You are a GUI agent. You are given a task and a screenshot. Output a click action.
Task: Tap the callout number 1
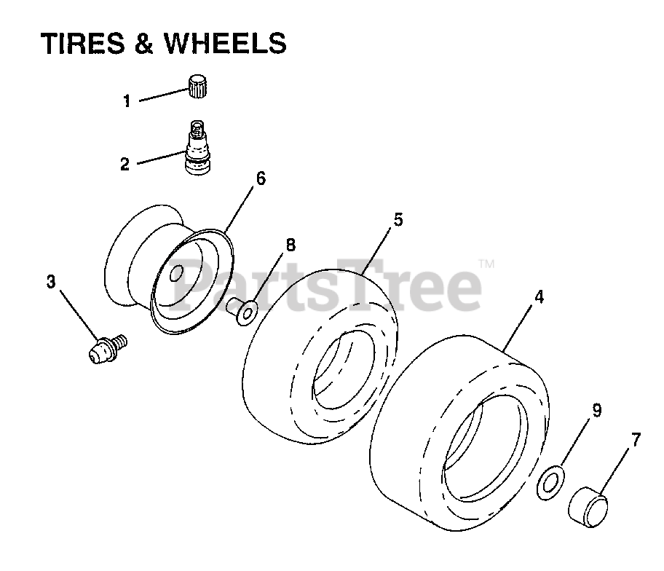point(127,101)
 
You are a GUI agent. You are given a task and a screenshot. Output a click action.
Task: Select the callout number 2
point(125,164)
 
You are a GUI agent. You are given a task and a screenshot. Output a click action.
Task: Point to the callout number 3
point(51,282)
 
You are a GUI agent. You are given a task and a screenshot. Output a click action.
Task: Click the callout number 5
point(398,219)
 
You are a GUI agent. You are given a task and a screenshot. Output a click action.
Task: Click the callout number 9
point(596,410)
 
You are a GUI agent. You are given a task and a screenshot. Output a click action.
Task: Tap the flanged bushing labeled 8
point(241,312)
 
